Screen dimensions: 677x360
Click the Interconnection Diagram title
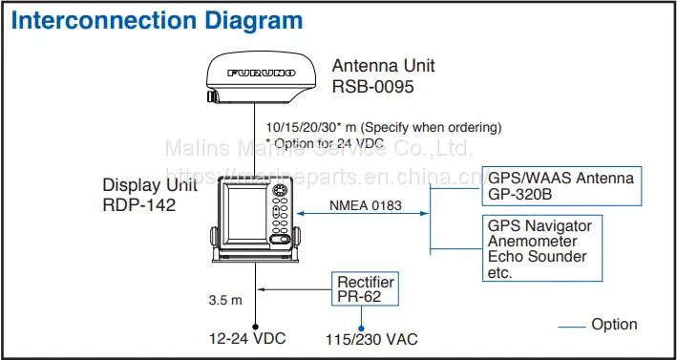(x=157, y=21)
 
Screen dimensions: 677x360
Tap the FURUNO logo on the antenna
(x=262, y=73)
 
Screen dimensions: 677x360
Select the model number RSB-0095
(x=372, y=87)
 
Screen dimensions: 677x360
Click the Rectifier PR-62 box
(x=366, y=288)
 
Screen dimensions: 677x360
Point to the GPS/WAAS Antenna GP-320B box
(x=561, y=186)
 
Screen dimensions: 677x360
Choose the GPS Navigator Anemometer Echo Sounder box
(x=542, y=248)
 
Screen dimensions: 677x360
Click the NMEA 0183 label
(x=366, y=205)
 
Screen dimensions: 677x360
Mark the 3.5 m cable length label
(x=225, y=301)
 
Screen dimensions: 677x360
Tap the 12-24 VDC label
(x=248, y=338)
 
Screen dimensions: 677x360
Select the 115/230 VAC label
(x=371, y=339)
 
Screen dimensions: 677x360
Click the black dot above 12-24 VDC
(x=255, y=327)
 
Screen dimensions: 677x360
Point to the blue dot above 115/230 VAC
(x=361, y=328)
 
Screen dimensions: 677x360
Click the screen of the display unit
(x=247, y=216)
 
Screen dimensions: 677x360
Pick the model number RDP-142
(x=139, y=204)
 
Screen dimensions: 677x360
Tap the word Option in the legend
(x=614, y=325)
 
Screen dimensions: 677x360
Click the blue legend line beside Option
(x=572, y=327)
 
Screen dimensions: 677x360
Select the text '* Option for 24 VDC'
(x=326, y=143)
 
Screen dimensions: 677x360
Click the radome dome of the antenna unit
(x=262, y=76)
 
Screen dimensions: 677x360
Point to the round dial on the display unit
(x=280, y=190)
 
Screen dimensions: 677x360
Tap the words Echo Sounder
(x=537, y=257)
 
